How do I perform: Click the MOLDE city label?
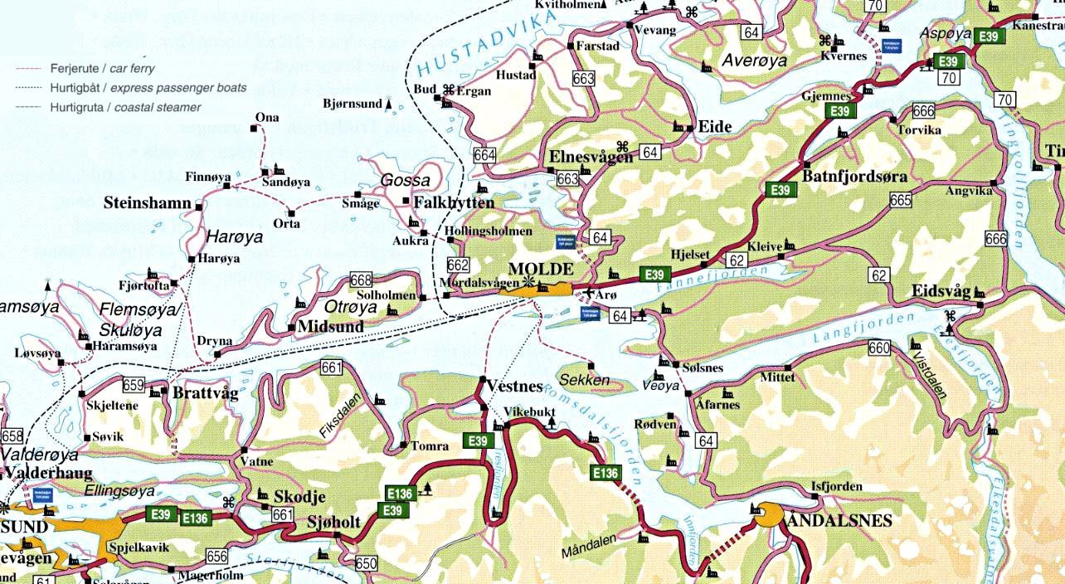tap(540, 270)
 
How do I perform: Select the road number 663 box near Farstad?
tap(584, 79)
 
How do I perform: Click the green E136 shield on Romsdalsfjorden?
tap(605, 473)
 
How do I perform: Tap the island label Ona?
tap(267, 118)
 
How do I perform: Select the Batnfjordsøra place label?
tap(854, 177)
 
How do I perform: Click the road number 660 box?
tap(879, 348)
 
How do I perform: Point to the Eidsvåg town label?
tap(940, 291)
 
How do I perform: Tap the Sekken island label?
tap(585, 381)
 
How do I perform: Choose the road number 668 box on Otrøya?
tap(362, 280)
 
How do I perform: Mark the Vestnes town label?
tap(513, 387)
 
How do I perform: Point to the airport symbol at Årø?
tap(588, 293)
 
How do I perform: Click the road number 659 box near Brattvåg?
tap(133, 385)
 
